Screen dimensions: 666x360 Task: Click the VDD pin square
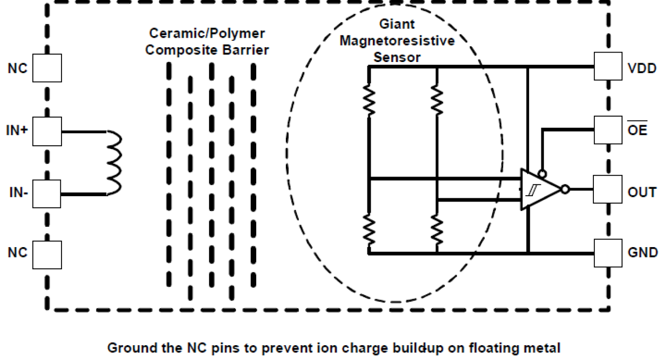(608, 67)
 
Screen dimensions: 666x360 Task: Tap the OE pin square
(608, 129)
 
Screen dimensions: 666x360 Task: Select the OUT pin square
(608, 190)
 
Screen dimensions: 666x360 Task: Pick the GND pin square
(608, 253)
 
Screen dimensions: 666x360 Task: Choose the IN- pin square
(47, 194)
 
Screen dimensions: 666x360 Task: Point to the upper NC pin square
(47, 67)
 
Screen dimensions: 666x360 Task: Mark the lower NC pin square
(47, 254)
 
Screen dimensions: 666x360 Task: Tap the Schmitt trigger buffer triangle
(538, 189)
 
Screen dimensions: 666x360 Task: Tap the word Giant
(398, 24)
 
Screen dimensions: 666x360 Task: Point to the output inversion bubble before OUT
(566, 189)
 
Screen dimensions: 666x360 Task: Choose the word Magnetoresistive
(397, 41)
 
